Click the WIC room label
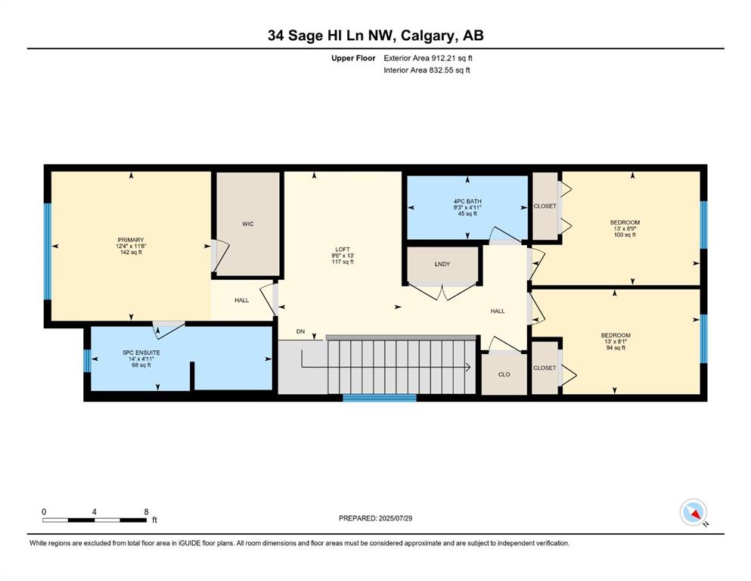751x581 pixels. pos(247,224)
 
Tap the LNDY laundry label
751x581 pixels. pos(442,264)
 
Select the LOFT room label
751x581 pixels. pos(343,250)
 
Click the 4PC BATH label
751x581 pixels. pos(467,202)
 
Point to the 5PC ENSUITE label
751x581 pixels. pos(141,353)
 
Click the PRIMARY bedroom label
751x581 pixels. pos(131,240)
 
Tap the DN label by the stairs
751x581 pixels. pos(300,331)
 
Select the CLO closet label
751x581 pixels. pos(504,374)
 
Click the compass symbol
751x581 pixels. pos(694,512)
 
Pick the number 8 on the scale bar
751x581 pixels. pos(146,511)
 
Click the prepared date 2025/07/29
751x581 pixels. pos(395,518)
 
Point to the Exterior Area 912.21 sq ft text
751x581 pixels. pos(428,58)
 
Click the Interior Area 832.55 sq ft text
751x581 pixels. pos(427,70)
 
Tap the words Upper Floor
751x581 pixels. pos(353,58)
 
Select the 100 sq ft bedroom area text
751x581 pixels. pos(625,235)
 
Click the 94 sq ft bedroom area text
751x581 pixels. pos(616,348)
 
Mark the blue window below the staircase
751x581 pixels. pos(380,398)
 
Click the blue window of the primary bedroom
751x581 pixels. pos(48,251)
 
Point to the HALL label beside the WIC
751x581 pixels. pos(241,300)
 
